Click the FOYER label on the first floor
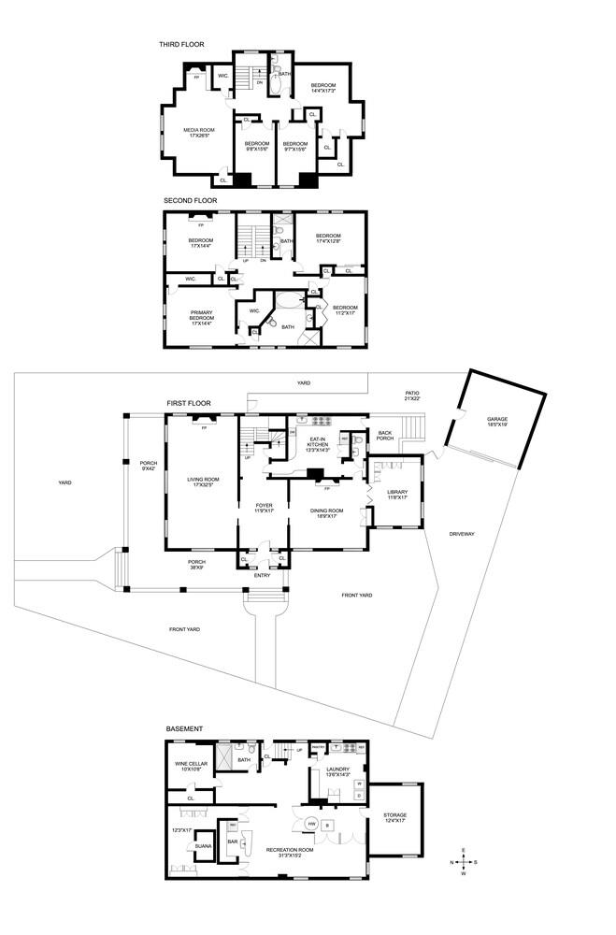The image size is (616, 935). tap(264, 508)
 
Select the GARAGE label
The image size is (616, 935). tap(497, 422)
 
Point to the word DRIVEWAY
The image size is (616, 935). tap(462, 534)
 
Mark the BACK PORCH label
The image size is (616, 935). tap(385, 436)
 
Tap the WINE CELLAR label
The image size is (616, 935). tap(191, 767)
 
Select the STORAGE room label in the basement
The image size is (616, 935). tap(394, 817)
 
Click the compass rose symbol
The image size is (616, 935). tap(463, 862)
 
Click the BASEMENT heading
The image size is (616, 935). tap(184, 728)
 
